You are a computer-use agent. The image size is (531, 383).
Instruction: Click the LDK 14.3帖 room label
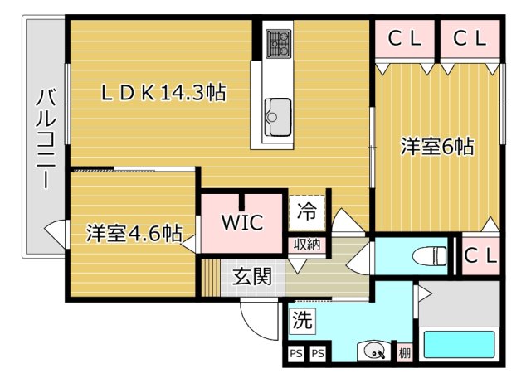pyautogui.click(x=163, y=93)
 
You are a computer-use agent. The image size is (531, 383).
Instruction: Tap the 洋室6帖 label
pyautogui.click(x=437, y=147)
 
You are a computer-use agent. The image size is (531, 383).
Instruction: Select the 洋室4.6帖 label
pyautogui.click(x=134, y=233)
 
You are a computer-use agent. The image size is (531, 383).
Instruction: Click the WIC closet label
pyautogui.click(x=242, y=222)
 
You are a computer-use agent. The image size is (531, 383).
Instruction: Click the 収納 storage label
pyautogui.click(x=307, y=245)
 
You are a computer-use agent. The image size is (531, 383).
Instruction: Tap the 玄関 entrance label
pyautogui.click(x=252, y=277)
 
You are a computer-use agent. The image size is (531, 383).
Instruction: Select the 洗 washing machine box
pyautogui.click(x=302, y=321)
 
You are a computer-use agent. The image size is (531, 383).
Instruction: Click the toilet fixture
pyautogui.click(x=430, y=256)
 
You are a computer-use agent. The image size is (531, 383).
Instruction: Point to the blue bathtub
pyautogui.click(x=459, y=344)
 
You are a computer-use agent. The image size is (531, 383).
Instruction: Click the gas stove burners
pyautogui.click(x=279, y=44)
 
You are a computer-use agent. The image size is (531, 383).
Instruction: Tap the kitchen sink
pyautogui.click(x=278, y=118)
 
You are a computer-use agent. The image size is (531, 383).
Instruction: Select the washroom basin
pyautogui.click(x=373, y=351)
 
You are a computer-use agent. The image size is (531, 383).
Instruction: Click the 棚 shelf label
pyautogui.click(x=405, y=353)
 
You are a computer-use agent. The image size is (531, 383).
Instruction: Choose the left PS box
pyautogui.click(x=296, y=354)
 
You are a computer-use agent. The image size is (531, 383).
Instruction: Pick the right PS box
pyautogui.click(x=318, y=354)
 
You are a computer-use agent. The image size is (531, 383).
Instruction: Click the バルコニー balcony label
pyautogui.click(x=46, y=138)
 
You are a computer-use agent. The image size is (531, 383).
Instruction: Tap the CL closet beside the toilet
pyautogui.click(x=480, y=255)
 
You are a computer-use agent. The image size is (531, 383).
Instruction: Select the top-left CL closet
pyautogui.click(x=404, y=39)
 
